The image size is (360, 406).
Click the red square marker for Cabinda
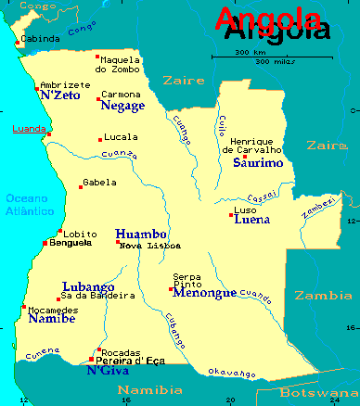pos(18,40)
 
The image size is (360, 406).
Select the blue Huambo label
pos(141,234)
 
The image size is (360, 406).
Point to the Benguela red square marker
pos(45,243)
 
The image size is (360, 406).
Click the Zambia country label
pos(323,296)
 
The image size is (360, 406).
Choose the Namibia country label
pos(152,389)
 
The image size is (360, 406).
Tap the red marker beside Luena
pos(231,215)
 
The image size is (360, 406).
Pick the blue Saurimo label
pos(258,162)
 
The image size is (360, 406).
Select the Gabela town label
pos(99,183)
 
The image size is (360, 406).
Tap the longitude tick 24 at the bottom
pos(333,400)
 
